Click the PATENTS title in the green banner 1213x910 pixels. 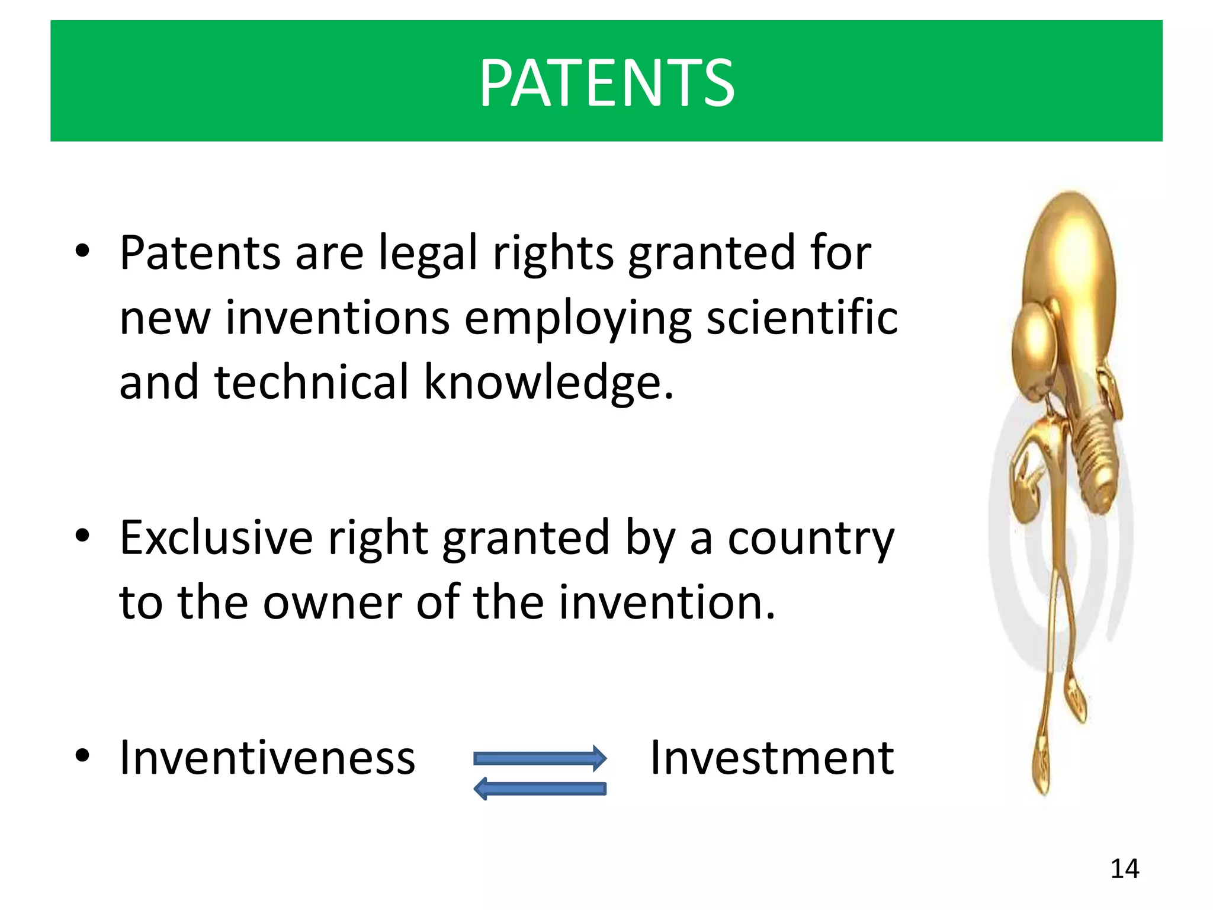click(x=606, y=83)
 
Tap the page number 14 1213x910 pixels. click(x=1124, y=869)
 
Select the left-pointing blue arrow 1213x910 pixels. click(x=540, y=789)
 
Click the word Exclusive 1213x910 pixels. click(x=216, y=538)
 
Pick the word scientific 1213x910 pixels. click(x=802, y=318)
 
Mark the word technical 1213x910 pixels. click(x=312, y=382)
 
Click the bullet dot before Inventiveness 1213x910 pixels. click(x=82, y=755)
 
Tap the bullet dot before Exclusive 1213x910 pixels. click(x=82, y=536)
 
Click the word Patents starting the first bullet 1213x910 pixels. click(x=200, y=254)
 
